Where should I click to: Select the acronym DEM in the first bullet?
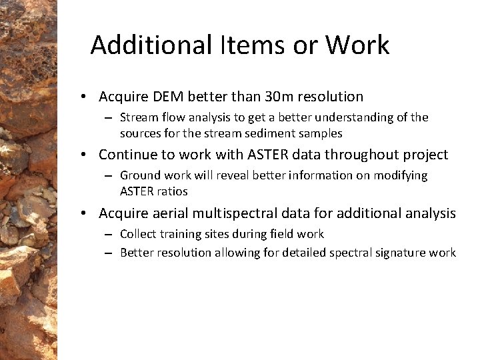click(x=167, y=97)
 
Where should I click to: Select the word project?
click(x=425, y=155)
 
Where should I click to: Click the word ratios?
click(x=173, y=191)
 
